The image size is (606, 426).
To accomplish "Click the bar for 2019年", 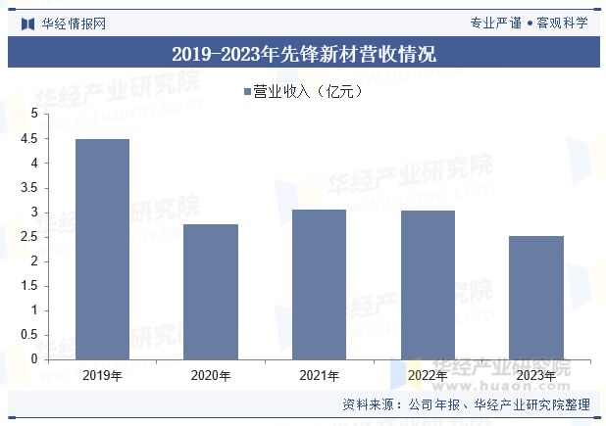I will (103, 249).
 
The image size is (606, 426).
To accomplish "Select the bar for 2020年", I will (211, 292).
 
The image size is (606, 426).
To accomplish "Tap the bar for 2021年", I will (320, 284).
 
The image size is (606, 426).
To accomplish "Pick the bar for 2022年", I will (428, 285).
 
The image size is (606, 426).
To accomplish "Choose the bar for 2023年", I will (536, 298).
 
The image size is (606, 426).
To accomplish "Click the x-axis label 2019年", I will (103, 375).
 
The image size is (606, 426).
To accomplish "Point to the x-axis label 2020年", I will (211, 375).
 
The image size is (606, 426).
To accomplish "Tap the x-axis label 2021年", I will (320, 375).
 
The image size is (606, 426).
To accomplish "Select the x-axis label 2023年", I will (536, 375).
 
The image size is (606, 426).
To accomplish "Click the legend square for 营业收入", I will (247, 92).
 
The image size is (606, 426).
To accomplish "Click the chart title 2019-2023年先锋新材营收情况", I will (303, 54).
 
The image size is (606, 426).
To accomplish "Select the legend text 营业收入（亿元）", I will (308, 92).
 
